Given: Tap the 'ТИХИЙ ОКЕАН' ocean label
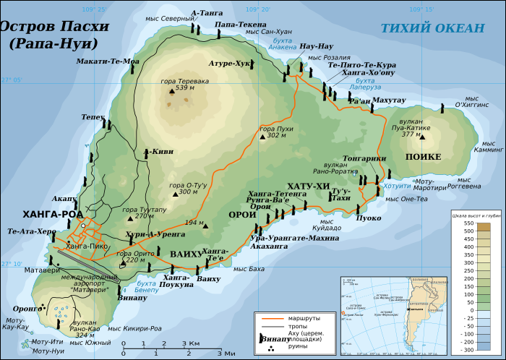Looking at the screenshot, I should coord(432,28).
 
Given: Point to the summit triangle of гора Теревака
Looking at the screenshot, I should coord(172,92).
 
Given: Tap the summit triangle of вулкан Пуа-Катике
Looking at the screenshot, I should coord(422,137).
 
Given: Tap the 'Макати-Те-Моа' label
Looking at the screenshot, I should coord(107,61).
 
